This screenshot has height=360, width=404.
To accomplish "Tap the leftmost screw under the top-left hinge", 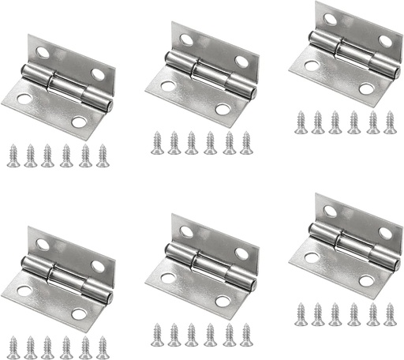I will (x=13, y=155).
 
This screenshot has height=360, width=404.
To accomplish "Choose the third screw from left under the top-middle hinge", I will (x=192, y=142).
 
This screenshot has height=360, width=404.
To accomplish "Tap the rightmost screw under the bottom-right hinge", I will (x=389, y=313).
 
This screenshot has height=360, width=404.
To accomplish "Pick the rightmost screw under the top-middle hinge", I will (x=246, y=142).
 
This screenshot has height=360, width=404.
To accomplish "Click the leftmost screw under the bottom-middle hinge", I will (x=156, y=334).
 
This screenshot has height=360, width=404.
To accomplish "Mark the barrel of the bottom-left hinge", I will (x=63, y=276).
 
